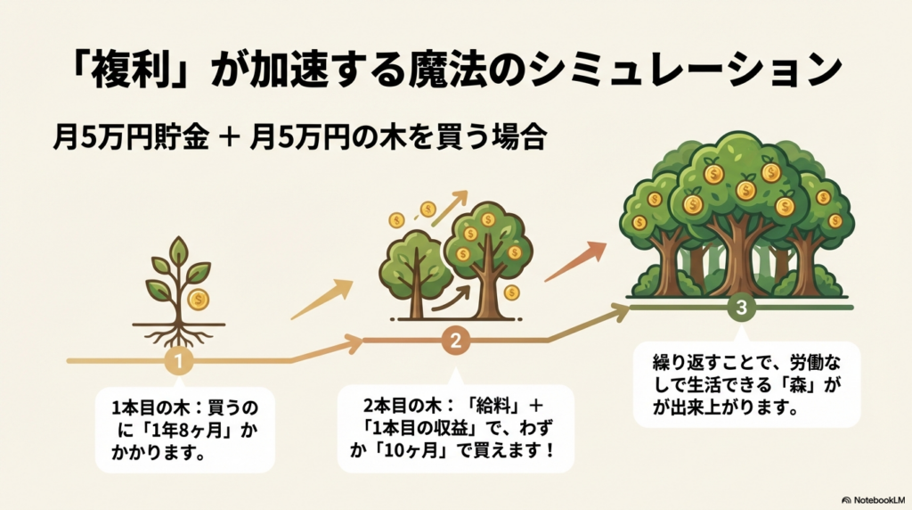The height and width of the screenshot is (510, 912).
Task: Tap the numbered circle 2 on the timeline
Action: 455,340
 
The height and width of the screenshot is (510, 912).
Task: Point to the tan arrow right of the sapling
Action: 322,300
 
